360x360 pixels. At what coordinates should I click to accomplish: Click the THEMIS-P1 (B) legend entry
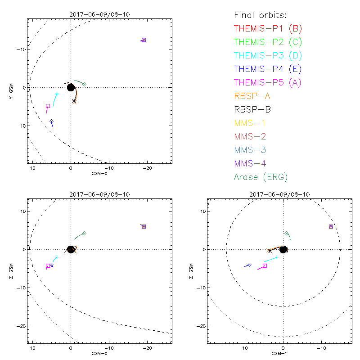(268, 29)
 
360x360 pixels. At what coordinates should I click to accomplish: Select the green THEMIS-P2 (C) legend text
(268, 42)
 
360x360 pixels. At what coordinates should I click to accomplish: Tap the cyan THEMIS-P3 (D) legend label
(268, 56)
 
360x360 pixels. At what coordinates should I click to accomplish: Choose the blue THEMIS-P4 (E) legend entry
(268, 69)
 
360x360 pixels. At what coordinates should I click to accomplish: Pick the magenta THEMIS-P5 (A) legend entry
(268, 83)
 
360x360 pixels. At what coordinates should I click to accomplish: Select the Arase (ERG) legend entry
(261, 177)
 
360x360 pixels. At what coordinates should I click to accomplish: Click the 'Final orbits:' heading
(260, 15)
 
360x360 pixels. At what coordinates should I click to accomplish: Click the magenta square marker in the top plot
(48, 106)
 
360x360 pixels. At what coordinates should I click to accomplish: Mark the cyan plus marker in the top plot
(57, 94)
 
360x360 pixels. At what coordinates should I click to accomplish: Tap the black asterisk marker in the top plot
(74, 101)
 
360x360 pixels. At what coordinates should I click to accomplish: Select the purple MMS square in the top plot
(144, 40)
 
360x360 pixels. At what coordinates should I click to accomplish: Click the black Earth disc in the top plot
(71, 87)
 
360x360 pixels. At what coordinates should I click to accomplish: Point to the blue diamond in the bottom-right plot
(250, 265)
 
